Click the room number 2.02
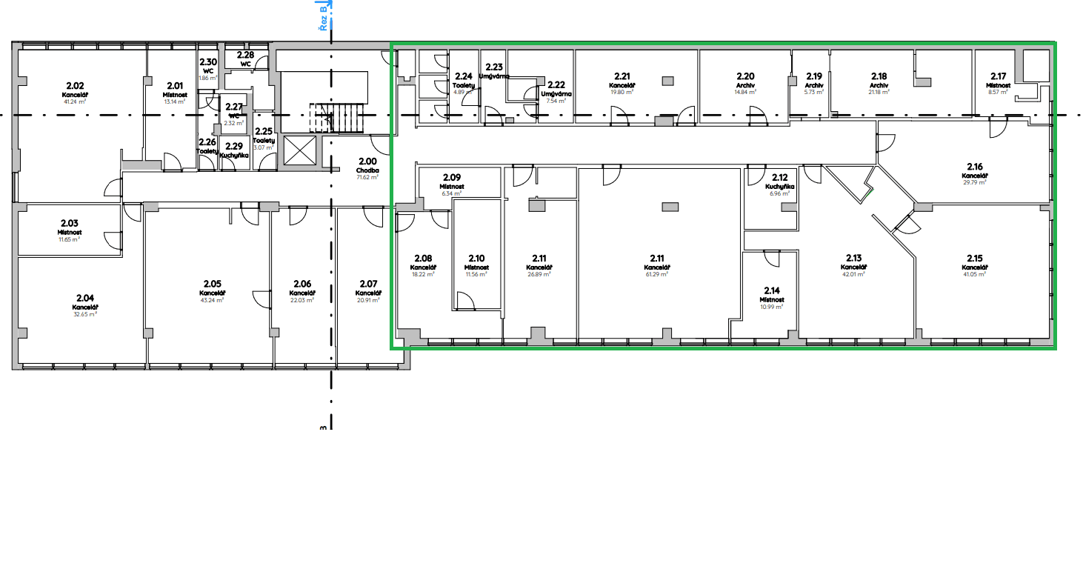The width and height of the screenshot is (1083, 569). [75, 85]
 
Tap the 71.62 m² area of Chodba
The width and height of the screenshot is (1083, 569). [367, 178]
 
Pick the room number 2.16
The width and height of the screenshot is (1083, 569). [975, 167]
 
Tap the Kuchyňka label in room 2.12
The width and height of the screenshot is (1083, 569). [779, 187]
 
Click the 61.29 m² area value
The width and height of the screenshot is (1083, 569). [657, 274]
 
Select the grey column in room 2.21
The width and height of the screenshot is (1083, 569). [668, 80]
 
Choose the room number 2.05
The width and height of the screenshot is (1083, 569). [213, 283]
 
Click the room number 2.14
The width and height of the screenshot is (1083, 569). [770, 290]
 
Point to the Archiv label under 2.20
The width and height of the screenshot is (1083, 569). [745, 85]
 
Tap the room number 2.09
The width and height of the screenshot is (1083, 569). [452, 177]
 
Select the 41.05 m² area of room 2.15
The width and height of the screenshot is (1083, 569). [974, 274]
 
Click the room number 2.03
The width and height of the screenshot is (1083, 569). [69, 222]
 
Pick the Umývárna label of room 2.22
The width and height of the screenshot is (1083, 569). [556, 94]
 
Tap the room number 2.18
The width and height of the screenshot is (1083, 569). [879, 76]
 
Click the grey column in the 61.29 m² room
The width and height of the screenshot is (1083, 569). [670, 207]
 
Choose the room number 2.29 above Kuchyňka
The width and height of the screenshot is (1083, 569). [233, 146]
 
